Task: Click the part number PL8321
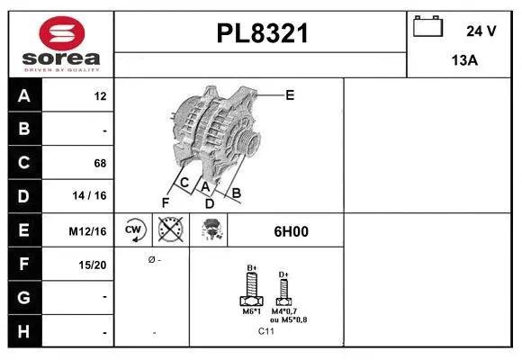[262, 33]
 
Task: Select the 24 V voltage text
[481, 31]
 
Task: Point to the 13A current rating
[463, 61]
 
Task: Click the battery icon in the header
[427, 28]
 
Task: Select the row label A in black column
[24, 96]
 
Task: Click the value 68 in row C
[99, 163]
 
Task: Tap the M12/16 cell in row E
[88, 231]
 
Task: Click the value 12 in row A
[100, 96]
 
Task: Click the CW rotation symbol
[134, 230]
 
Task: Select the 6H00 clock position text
[291, 231]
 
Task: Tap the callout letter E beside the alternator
[290, 94]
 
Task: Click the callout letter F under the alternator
[166, 201]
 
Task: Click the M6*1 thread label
[252, 311]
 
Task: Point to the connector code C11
[265, 331]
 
